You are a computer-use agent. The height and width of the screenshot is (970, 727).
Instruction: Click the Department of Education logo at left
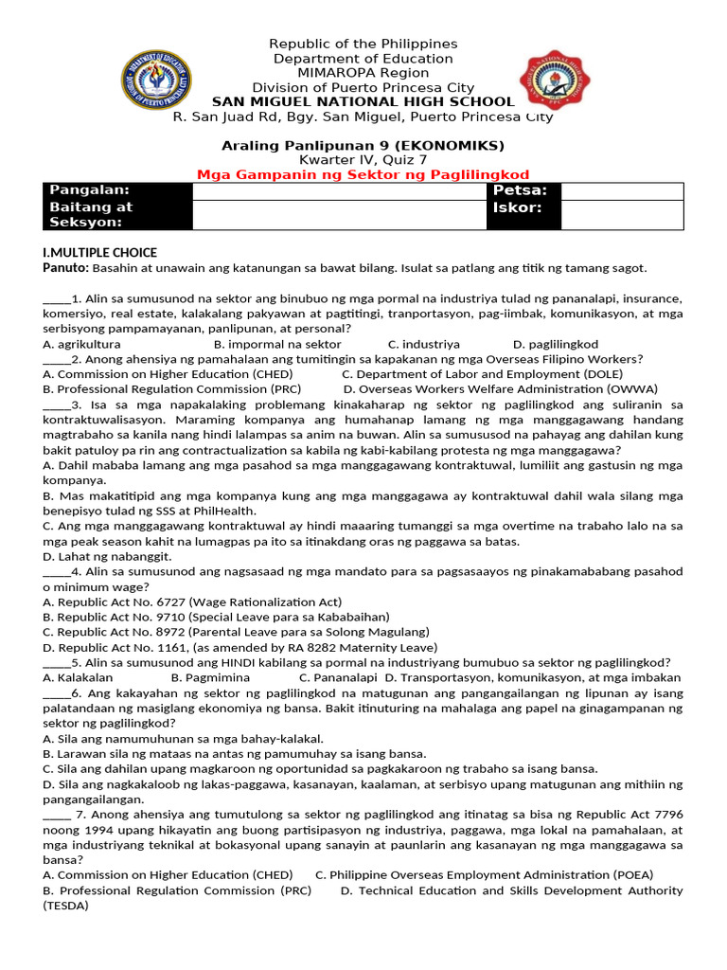tap(157, 81)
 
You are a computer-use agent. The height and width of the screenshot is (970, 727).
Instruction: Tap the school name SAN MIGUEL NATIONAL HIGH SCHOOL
tap(363, 102)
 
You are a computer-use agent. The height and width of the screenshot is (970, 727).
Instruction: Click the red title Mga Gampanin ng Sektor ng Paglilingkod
tap(363, 175)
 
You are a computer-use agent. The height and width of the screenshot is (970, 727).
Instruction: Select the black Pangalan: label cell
tap(117, 191)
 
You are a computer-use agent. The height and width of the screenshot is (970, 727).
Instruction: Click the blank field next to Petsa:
tap(621, 191)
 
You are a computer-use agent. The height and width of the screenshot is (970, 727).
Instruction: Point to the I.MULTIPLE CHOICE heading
tap(100, 253)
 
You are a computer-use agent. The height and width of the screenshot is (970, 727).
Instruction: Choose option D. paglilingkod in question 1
tap(556, 344)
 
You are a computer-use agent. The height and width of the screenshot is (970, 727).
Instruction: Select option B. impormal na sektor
tap(277, 344)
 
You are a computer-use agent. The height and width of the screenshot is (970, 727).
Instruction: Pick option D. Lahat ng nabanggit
tap(102, 556)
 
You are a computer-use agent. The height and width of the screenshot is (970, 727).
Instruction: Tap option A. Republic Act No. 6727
tap(193, 602)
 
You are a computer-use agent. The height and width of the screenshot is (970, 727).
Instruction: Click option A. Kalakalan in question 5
tap(79, 677)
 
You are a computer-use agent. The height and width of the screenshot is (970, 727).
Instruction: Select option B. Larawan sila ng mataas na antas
tap(235, 753)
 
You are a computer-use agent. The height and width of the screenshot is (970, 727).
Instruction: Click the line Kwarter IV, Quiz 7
tap(363, 160)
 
